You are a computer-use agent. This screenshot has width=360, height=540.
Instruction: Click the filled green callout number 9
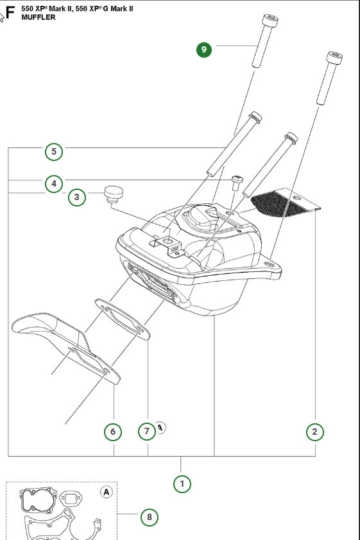[203, 49]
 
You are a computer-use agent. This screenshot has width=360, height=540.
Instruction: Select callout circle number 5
[54, 151]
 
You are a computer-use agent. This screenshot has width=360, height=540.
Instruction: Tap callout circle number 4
[54, 183]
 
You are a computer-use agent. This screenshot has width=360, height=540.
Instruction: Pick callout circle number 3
[76, 198]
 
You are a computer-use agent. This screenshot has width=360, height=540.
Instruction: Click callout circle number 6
[113, 432]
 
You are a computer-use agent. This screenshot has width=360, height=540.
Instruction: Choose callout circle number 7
[147, 431]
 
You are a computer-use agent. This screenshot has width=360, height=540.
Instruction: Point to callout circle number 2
[315, 432]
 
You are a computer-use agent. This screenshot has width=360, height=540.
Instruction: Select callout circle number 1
[182, 484]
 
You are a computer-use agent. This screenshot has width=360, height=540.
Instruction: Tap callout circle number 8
[149, 517]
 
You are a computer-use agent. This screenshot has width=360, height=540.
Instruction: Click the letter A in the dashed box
[107, 492]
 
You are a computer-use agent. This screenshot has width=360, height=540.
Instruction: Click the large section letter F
[10, 13]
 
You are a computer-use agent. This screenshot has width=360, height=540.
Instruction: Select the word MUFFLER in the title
[39, 17]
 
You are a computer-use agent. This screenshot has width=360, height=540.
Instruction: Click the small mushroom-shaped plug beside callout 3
[114, 194]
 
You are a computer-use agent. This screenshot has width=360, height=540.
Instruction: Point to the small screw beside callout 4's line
[237, 183]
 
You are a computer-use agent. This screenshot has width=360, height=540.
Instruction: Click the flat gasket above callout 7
[123, 319]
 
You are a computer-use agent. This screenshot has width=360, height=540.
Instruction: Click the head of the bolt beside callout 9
[270, 21]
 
